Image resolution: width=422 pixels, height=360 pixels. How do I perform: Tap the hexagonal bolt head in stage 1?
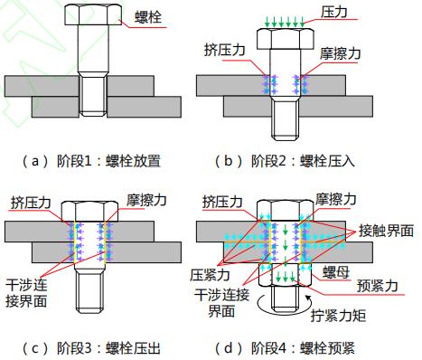tap(89, 17)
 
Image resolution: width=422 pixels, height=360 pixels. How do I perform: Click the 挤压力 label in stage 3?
tap(32, 199)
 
